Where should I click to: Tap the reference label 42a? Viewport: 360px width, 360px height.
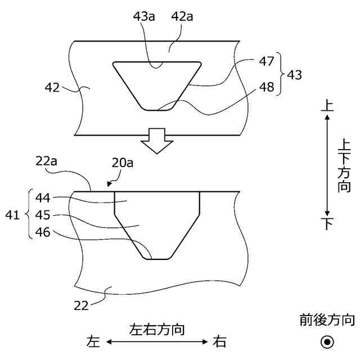[x=182, y=17]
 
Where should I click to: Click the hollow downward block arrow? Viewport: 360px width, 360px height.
[x=156, y=141]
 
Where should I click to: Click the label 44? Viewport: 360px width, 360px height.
[x=43, y=197]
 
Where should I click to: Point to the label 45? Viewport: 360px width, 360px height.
[x=43, y=214]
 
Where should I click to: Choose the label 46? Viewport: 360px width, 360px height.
[x=43, y=231]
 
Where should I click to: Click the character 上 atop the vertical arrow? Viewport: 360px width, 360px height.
[x=326, y=104]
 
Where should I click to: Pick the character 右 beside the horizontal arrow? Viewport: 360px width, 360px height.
[x=220, y=341]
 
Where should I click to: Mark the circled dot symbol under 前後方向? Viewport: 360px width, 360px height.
[x=327, y=341]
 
